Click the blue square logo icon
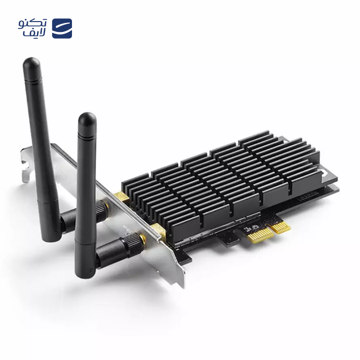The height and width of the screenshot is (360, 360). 62,28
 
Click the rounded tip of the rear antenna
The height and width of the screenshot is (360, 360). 31,63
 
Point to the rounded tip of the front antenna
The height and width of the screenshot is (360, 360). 86,119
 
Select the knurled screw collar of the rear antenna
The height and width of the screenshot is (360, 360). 100,207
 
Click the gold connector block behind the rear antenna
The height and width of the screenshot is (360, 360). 120,196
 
